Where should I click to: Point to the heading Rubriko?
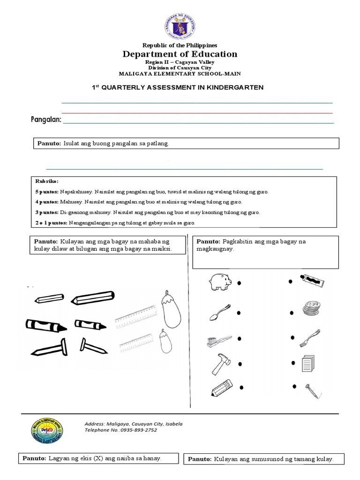coord(47,181)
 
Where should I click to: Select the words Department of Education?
coord(180,54)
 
